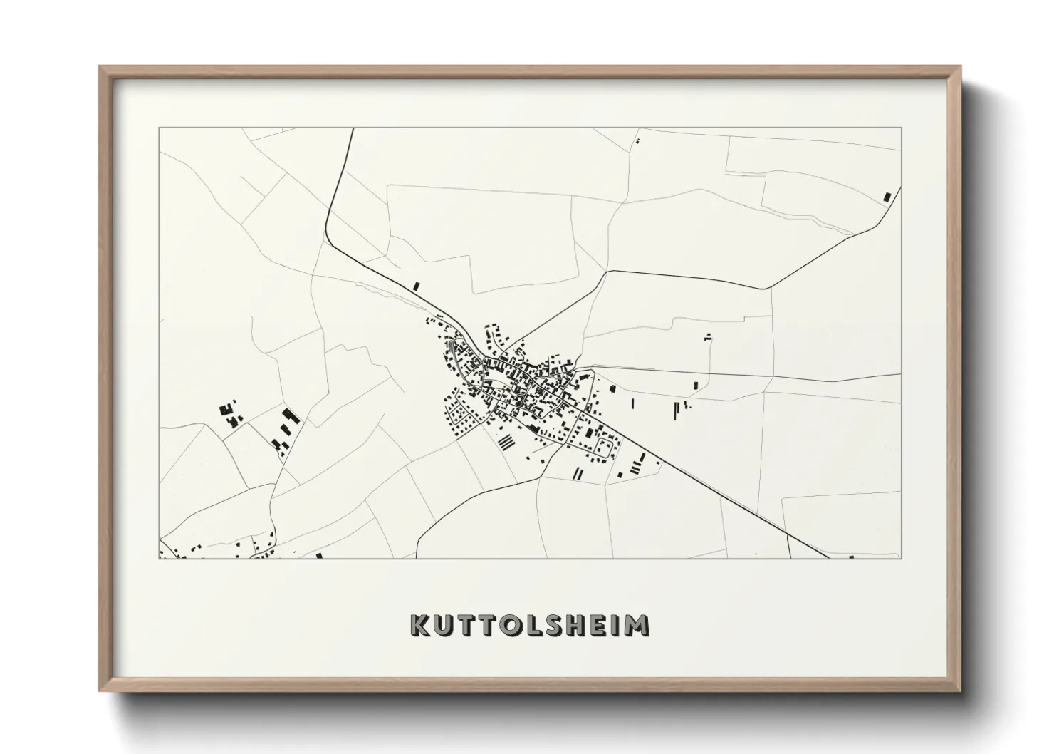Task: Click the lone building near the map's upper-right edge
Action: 887,197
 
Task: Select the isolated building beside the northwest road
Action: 417,286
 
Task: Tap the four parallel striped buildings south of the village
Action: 506,443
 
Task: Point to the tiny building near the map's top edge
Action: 637,141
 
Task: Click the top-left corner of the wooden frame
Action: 100,67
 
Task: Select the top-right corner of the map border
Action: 901,128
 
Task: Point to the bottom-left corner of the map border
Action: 160,558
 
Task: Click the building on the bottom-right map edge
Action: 852,556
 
